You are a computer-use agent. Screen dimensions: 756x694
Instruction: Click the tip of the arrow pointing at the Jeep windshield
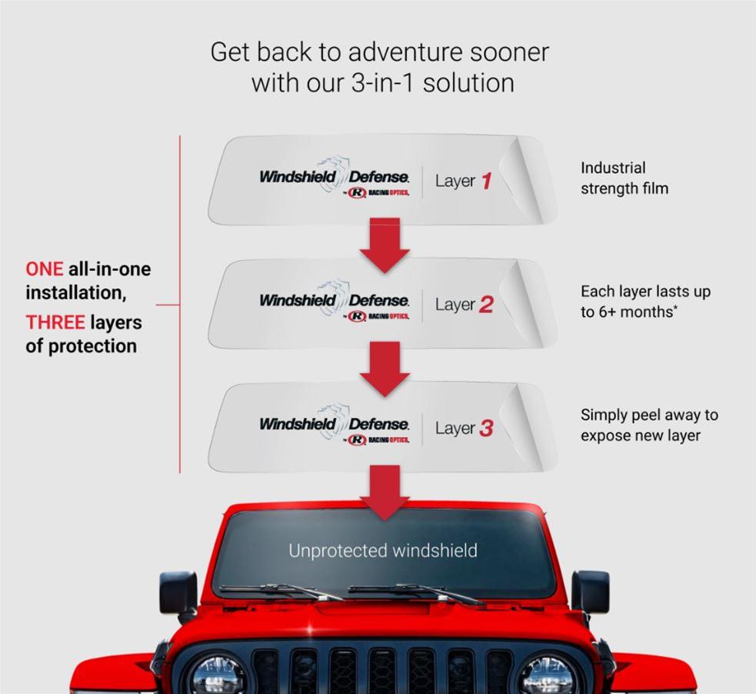click(385, 520)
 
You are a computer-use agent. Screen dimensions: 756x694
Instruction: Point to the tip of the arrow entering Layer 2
click(385, 273)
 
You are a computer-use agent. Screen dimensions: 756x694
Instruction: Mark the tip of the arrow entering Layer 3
click(385, 396)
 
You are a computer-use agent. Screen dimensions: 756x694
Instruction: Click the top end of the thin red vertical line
click(180, 135)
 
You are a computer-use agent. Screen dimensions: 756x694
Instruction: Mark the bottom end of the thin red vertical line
click(180, 473)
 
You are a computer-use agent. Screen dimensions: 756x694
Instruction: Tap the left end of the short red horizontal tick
click(156, 305)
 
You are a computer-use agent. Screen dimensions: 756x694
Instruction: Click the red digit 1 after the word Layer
click(486, 181)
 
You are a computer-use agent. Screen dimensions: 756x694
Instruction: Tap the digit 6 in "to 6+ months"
click(604, 312)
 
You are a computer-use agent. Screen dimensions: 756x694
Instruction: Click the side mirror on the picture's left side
click(178, 592)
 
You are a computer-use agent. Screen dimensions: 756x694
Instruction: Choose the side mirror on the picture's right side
click(590, 592)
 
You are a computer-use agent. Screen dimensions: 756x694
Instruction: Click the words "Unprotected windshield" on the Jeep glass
click(383, 550)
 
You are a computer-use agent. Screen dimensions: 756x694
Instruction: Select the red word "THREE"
click(55, 322)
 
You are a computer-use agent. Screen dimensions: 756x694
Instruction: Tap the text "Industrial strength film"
click(624, 178)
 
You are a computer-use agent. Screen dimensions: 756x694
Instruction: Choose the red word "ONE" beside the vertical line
click(45, 269)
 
